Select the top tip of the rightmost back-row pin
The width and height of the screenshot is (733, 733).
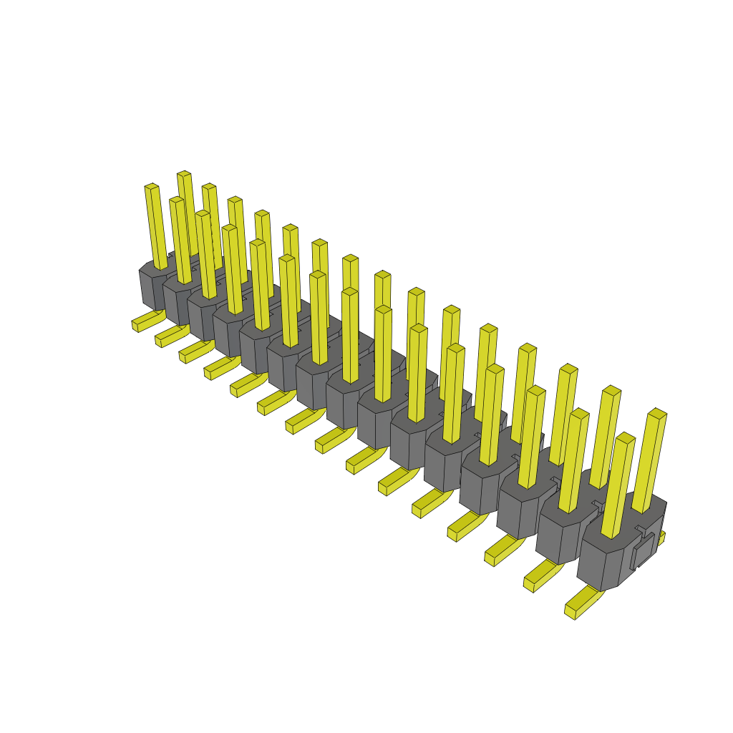click(657, 413)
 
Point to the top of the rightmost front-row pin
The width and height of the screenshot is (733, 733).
click(626, 437)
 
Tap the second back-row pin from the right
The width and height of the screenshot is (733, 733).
click(605, 437)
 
